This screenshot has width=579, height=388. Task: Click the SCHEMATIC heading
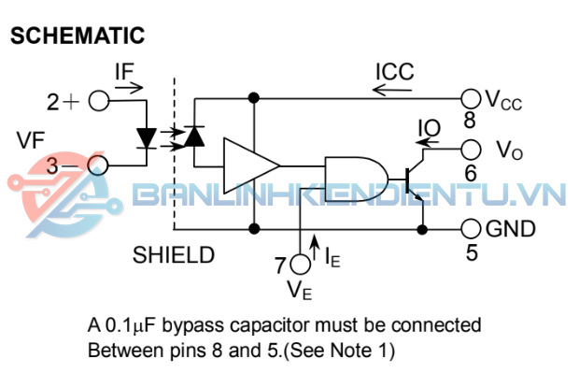(78, 36)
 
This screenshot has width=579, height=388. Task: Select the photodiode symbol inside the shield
(194, 137)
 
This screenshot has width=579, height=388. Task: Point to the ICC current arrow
(392, 91)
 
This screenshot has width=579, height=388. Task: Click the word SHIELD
(174, 254)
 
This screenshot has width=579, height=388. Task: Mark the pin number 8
(469, 120)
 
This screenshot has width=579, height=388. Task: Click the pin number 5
(470, 251)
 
